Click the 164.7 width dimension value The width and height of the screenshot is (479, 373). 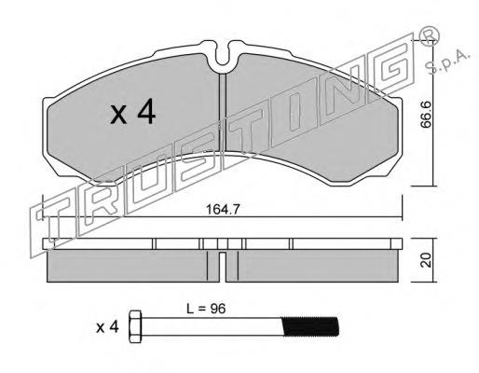pos(223,210)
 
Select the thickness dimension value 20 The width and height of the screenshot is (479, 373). pos(426,260)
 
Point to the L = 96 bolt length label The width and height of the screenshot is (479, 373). pos(206,309)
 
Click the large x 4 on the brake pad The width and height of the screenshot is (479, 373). pos(132,112)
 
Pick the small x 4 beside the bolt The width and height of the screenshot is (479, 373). pos(107,327)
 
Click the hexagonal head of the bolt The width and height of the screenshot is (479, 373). pos(135,326)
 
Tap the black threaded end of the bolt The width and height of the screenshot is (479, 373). pos(310,326)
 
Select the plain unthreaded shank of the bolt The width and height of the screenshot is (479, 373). pos(212,326)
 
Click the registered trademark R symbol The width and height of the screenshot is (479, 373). pos(430,35)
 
